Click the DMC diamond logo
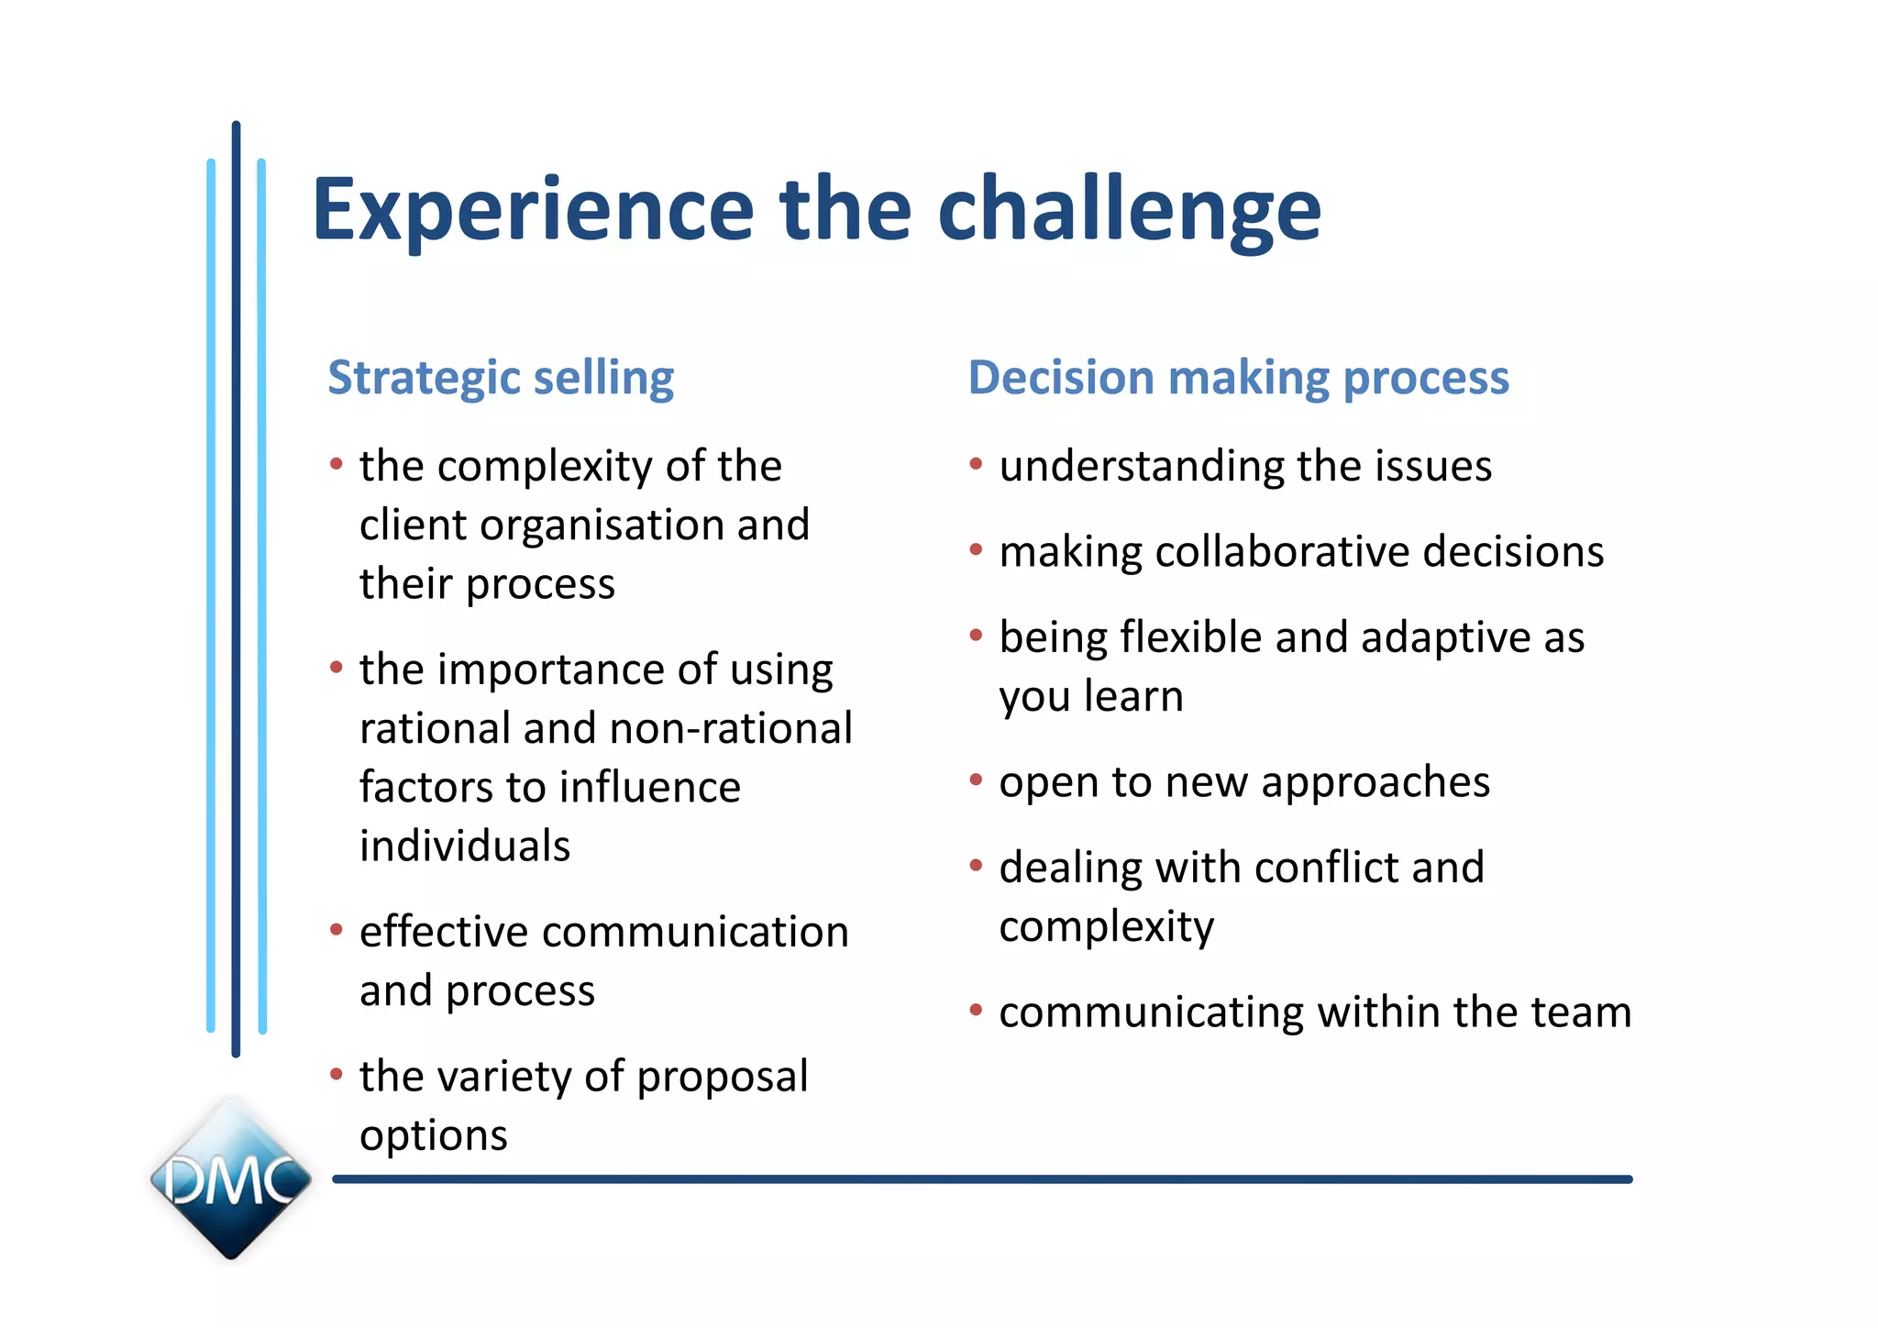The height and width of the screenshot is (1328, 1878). tap(231, 1179)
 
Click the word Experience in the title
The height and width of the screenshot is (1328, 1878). tap(533, 211)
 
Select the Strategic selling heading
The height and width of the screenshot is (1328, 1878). tap(501, 378)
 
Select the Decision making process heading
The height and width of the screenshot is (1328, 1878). tap(1239, 378)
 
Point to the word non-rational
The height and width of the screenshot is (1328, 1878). tap(731, 728)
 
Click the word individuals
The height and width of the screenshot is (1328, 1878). tap(465, 845)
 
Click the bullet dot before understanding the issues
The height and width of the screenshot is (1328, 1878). tap(976, 464)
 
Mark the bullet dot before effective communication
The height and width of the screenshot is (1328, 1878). tap(337, 930)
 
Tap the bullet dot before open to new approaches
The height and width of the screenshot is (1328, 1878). tap(976, 780)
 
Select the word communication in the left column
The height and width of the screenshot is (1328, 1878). tap(695, 932)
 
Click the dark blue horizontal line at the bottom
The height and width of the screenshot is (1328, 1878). tap(982, 1179)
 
